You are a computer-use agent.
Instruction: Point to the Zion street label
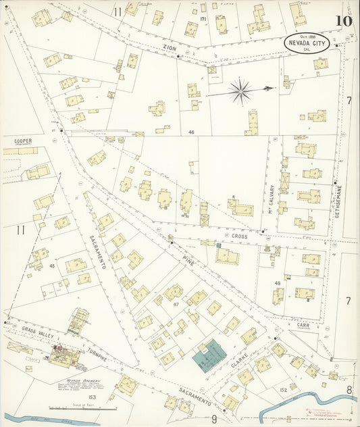click(169, 48)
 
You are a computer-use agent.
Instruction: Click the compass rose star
click(241, 89)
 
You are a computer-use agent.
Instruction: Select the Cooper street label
click(23, 142)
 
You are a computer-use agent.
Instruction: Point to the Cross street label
click(239, 237)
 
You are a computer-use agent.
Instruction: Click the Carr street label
click(303, 324)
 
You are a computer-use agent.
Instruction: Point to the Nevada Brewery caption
click(71, 380)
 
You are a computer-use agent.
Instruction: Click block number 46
click(192, 132)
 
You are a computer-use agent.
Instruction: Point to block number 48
click(278, 282)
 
